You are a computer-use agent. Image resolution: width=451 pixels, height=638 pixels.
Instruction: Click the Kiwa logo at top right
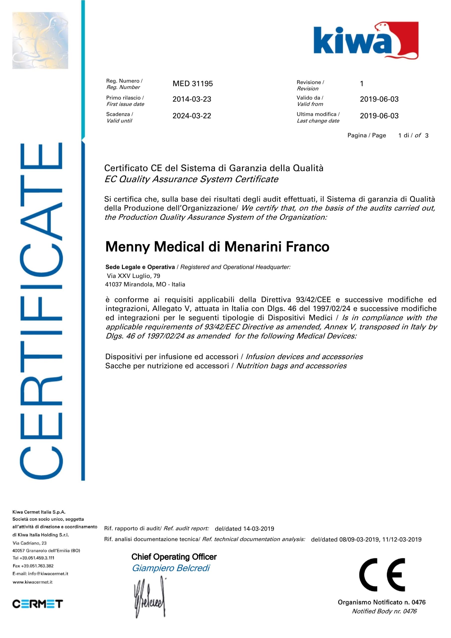[x=366, y=40]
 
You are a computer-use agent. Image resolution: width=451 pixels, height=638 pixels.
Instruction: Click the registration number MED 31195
[x=192, y=84]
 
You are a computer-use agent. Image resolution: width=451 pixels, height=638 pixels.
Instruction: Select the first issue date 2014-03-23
[x=192, y=99]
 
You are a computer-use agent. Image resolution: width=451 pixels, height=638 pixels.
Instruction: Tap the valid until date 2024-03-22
[x=192, y=116]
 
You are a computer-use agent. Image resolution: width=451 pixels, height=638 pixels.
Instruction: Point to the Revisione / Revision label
[x=310, y=85]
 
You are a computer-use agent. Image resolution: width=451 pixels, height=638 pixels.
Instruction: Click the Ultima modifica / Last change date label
[x=318, y=117]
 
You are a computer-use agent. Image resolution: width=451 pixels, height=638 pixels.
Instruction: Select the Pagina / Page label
[x=366, y=135]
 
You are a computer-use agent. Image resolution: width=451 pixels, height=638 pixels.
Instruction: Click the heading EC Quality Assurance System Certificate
[x=191, y=179]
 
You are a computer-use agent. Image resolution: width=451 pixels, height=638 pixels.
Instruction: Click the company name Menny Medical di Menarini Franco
[x=217, y=247]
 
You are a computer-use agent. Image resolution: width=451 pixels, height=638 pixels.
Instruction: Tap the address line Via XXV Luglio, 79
[x=133, y=276]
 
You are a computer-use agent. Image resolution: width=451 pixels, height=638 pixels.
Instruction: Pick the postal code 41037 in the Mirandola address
[x=113, y=285]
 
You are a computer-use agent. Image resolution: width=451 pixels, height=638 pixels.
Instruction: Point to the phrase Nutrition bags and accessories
[x=291, y=366]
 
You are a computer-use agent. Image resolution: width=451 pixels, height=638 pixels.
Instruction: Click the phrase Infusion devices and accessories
[x=304, y=357]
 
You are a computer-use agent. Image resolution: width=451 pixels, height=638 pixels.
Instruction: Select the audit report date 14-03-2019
[x=259, y=529]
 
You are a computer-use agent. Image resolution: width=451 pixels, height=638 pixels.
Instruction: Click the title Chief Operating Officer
[x=174, y=557]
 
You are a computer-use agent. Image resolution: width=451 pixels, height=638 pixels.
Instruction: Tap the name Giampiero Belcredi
[x=171, y=568]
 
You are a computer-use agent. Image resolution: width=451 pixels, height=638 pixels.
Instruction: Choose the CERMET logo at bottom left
[x=37, y=604]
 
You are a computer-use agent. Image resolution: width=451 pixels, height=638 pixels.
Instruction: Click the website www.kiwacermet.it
[x=32, y=582]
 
